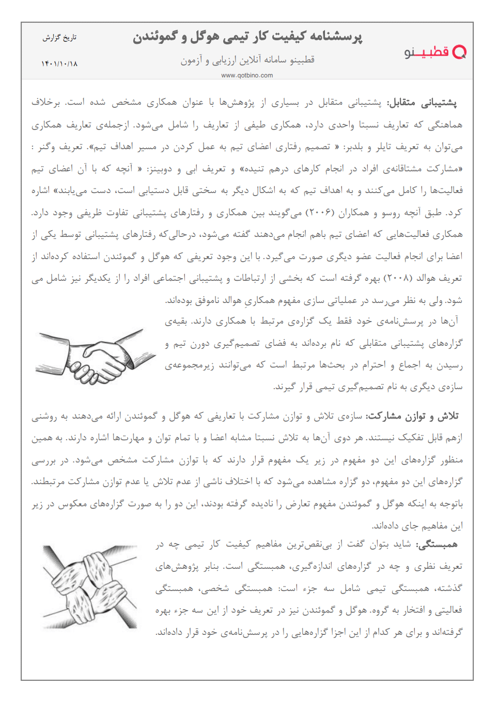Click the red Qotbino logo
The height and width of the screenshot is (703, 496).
click(x=435, y=52)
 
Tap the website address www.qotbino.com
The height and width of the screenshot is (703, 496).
click(x=247, y=75)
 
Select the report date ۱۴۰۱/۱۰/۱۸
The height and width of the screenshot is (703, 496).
click(x=59, y=63)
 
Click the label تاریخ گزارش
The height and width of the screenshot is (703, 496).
click(x=59, y=38)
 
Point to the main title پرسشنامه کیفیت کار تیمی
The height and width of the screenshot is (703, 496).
click(x=247, y=37)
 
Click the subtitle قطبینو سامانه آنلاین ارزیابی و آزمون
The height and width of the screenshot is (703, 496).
click(x=247, y=60)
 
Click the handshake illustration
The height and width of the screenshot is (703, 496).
click(x=96, y=356)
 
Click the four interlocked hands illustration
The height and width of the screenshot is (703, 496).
click(x=91, y=587)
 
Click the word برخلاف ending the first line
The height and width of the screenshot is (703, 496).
click(x=45, y=102)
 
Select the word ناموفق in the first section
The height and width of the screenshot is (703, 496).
click(x=202, y=300)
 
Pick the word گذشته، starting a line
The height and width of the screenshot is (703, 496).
click(x=448, y=588)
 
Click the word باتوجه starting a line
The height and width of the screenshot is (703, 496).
click(x=448, y=504)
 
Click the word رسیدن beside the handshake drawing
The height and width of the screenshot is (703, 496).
click(x=448, y=365)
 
